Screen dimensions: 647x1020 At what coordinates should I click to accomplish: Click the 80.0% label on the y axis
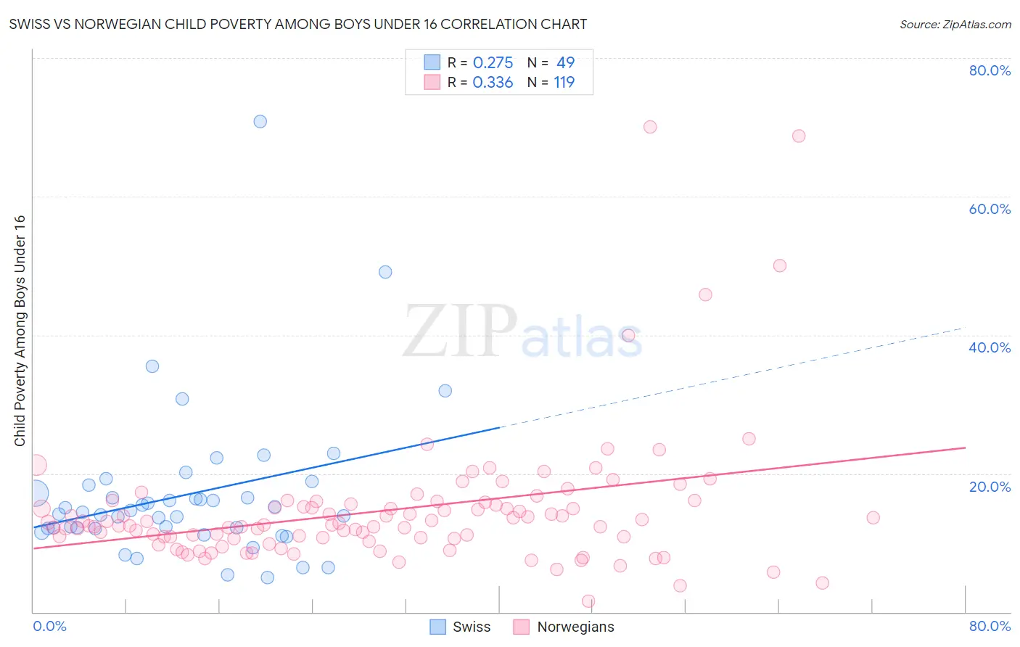990,70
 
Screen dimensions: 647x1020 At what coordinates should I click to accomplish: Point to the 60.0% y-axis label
990,209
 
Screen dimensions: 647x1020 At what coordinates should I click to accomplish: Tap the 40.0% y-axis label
990,347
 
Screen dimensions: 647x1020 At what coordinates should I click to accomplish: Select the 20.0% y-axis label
990,486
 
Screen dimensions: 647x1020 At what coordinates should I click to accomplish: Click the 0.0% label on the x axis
49,626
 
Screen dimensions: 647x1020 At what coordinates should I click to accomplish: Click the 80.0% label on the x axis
990,626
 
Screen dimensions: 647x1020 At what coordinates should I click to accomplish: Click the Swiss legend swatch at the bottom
437,627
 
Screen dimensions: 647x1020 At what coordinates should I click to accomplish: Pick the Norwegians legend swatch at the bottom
521,627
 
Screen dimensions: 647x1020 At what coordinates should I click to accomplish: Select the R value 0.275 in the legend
493,63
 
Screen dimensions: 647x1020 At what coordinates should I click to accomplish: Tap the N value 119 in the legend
564,83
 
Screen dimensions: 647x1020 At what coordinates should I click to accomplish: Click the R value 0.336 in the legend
493,83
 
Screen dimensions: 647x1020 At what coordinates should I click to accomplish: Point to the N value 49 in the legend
565,63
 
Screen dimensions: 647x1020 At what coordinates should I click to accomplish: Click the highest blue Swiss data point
260,121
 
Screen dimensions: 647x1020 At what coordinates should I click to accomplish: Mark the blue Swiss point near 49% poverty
385,272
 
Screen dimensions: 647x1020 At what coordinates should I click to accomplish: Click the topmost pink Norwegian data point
650,127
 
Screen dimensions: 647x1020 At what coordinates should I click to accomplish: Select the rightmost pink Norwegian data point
873,517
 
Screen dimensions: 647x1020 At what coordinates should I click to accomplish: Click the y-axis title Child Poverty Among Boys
20,331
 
